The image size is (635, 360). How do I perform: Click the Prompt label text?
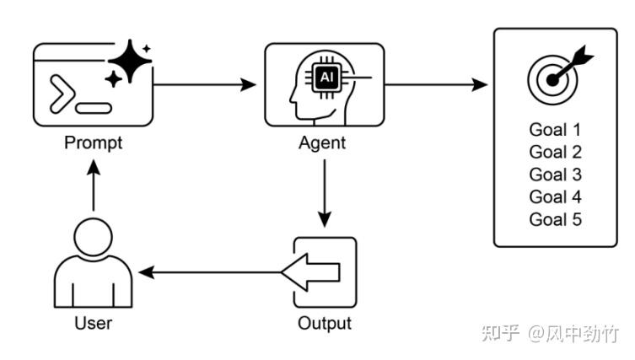tap(93, 143)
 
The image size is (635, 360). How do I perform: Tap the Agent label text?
tap(322, 143)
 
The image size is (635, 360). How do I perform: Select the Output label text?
tap(325, 324)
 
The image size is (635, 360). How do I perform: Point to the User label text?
tap(93, 323)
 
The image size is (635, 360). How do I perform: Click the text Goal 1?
tap(555, 130)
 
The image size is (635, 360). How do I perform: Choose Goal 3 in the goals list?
tap(555, 175)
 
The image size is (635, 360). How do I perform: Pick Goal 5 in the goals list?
tap(555, 219)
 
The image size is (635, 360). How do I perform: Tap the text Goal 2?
tap(555, 153)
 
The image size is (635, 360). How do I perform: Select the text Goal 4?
tap(555, 197)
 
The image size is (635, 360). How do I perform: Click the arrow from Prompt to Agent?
tap(205, 85)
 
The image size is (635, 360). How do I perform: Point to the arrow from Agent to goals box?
tap(436, 85)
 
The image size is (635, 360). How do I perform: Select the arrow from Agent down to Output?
tap(325, 194)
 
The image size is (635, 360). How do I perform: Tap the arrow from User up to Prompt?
tap(94, 185)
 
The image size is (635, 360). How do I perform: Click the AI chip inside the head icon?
tap(326, 77)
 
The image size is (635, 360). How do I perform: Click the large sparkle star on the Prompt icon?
tap(130, 61)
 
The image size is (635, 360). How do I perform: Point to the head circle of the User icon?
tap(93, 237)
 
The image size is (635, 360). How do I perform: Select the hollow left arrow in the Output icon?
tap(310, 272)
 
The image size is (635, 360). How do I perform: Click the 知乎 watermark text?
tap(501, 333)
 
